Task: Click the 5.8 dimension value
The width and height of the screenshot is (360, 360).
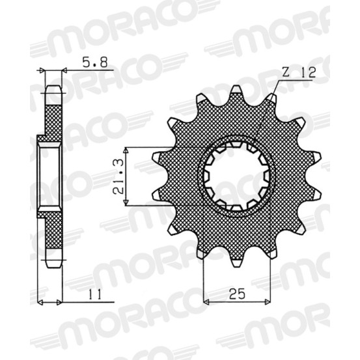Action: tap(95, 62)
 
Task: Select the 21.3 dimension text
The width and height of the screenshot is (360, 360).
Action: tap(118, 176)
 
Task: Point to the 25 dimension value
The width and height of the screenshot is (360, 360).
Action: tap(237, 294)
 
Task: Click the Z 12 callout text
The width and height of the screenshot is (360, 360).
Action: tap(299, 72)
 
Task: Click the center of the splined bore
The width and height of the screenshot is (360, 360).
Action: tap(237, 176)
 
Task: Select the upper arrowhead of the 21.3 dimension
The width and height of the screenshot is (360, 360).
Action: tap(126, 150)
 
